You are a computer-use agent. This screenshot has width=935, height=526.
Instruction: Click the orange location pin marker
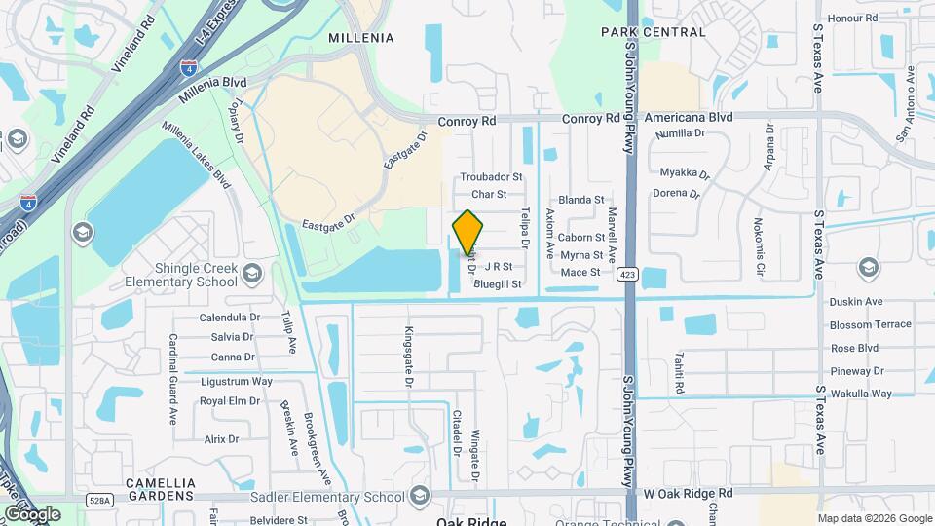[x=468, y=234]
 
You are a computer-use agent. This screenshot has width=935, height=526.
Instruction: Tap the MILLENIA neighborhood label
[x=361, y=38]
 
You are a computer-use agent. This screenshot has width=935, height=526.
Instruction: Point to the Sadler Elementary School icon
[x=420, y=497]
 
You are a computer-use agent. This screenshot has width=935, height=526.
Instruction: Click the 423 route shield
[x=628, y=275]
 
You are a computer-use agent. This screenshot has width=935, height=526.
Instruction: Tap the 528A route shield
[x=99, y=500]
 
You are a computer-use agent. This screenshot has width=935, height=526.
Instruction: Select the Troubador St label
[x=492, y=177]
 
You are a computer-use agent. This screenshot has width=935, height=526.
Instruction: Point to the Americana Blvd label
[x=694, y=117]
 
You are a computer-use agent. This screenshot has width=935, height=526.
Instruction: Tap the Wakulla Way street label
[x=861, y=394]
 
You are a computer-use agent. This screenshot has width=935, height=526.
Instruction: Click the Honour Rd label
[x=853, y=19]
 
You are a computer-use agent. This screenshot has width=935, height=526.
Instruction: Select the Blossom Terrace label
[x=871, y=324]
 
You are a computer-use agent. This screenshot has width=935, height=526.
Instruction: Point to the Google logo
[x=33, y=513]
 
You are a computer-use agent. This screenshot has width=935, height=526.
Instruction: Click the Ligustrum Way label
[x=237, y=381]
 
